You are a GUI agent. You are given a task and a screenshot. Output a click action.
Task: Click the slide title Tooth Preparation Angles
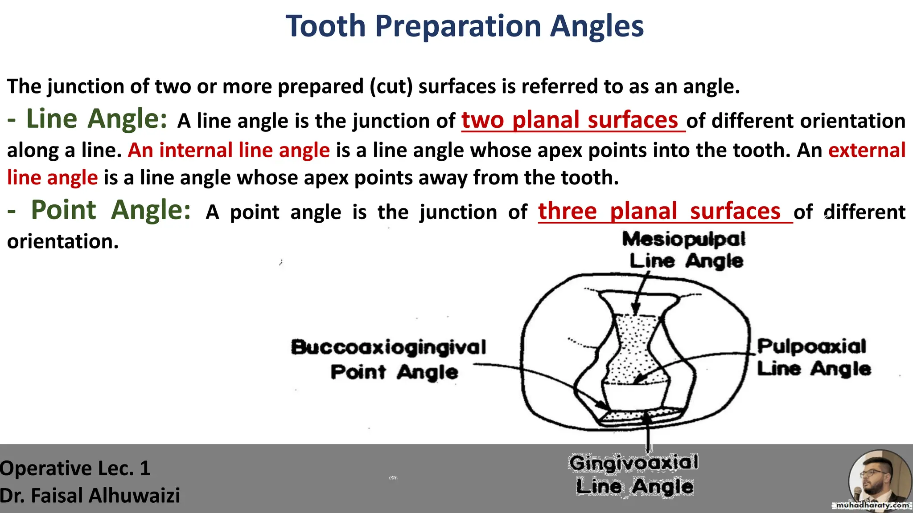465,26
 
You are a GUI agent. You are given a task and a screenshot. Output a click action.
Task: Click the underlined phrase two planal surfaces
570,120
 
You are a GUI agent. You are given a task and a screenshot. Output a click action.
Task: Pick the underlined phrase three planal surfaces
659,211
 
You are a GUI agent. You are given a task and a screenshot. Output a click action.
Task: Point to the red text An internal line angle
229,150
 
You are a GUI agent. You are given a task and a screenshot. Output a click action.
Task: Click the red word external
867,150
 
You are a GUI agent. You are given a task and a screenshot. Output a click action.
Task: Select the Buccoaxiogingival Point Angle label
389,359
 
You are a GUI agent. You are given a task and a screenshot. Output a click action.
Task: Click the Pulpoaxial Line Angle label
813,357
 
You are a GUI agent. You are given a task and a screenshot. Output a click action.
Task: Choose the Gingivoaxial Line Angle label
633,474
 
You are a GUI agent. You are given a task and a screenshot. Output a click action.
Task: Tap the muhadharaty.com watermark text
872,505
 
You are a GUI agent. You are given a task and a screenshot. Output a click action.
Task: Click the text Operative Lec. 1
75,468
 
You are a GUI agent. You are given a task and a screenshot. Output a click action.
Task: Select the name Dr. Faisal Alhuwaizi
90,496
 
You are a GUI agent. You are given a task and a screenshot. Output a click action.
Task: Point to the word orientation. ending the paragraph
63,241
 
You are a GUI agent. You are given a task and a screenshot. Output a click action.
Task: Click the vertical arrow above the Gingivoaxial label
648,434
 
